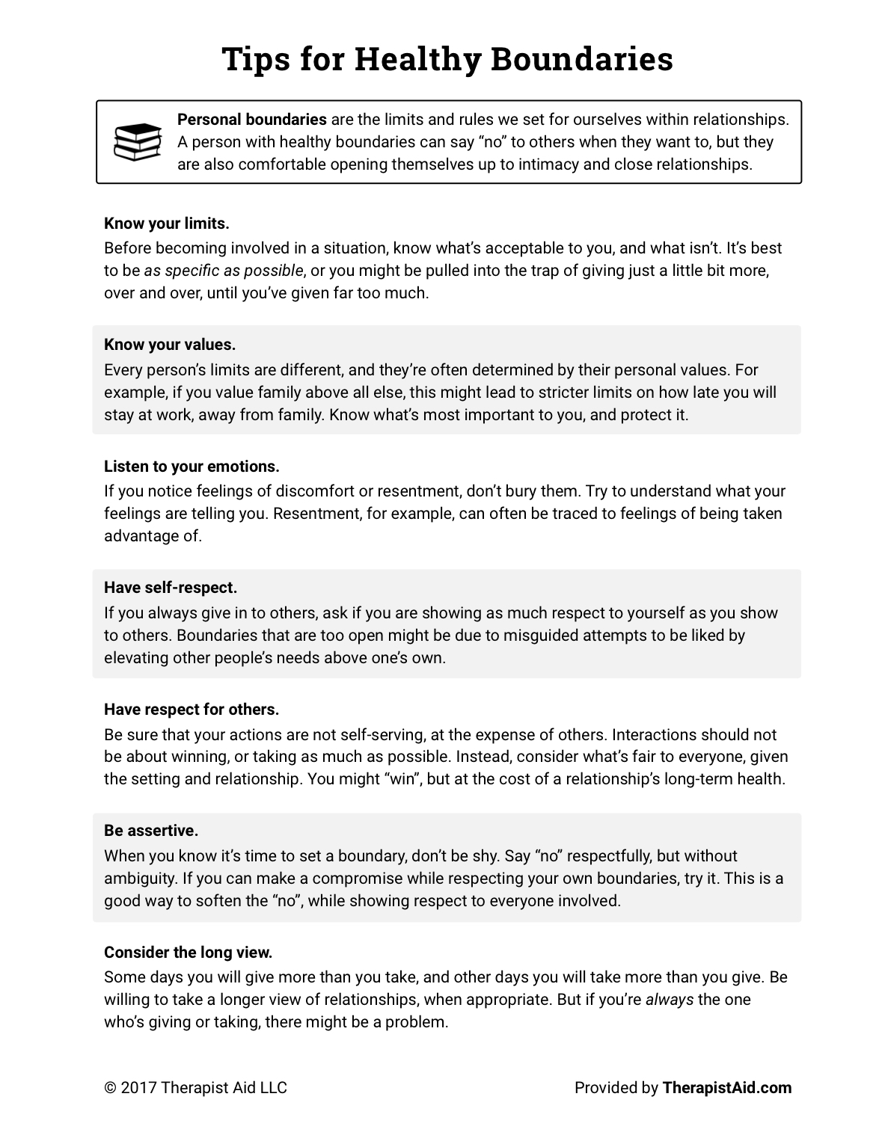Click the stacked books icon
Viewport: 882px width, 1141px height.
click(137, 141)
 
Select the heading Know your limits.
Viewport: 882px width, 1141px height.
click(167, 224)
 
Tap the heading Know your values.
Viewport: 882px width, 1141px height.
click(170, 345)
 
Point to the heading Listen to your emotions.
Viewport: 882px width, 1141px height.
click(192, 467)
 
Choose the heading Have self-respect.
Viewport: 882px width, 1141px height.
click(171, 588)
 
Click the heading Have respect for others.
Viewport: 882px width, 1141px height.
click(192, 710)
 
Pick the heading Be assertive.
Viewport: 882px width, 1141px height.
click(151, 831)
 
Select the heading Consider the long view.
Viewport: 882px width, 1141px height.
click(189, 953)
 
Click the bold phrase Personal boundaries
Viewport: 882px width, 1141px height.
click(252, 120)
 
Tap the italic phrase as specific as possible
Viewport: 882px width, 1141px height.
click(224, 270)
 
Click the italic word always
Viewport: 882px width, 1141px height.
click(670, 1000)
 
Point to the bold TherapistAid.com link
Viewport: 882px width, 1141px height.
click(726, 1088)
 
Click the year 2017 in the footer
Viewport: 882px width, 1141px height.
click(140, 1088)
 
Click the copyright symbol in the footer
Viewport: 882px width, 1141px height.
click(110, 1088)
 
